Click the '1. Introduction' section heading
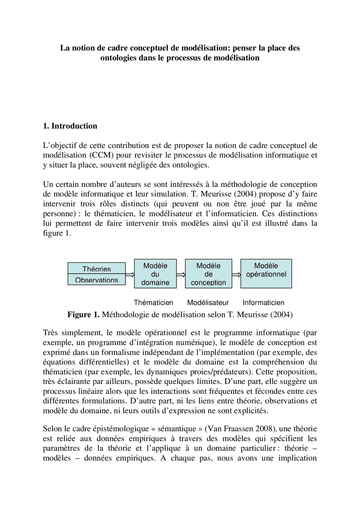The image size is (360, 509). [x=70, y=126]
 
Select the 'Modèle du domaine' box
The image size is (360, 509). [x=155, y=274]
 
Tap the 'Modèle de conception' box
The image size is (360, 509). [x=208, y=274]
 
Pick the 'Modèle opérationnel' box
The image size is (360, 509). [x=266, y=273]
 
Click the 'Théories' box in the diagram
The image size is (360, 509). [x=96, y=268]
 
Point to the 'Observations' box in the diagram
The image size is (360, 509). [x=96, y=280]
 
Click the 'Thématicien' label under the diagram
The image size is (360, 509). [x=153, y=303]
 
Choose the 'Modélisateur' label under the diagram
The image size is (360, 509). [x=208, y=303]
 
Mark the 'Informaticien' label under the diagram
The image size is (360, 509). [x=263, y=303]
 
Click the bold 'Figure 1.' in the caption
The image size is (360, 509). [x=83, y=315]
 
